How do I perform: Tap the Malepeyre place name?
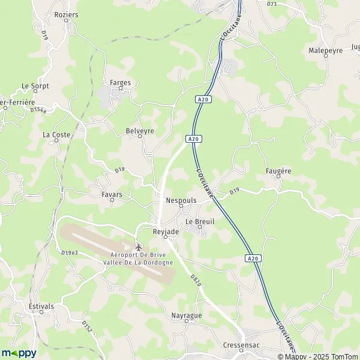[326, 50]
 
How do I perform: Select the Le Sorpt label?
[35, 86]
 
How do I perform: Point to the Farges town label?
[120, 83]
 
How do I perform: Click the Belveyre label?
[140, 130]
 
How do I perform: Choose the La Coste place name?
[56, 135]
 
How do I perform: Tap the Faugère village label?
[278, 171]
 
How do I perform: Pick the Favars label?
[112, 195]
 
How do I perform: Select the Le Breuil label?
[200, 221]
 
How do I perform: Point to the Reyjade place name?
[166, 232]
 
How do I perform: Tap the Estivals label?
[41, 306]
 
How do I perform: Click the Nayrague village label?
[186, 315]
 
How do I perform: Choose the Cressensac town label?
[241, 346]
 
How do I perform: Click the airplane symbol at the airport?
[139, 247]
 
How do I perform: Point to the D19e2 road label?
[70, 253]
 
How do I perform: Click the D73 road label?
[272, 4]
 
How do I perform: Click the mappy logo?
[19, 353]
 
